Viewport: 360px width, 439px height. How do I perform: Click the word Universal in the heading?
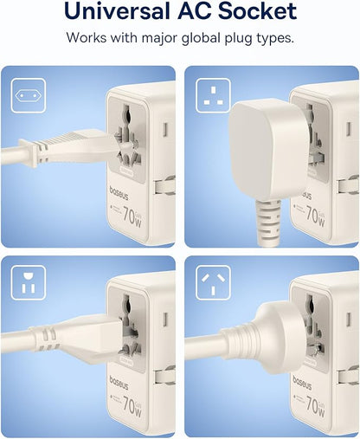click(114, 12)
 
